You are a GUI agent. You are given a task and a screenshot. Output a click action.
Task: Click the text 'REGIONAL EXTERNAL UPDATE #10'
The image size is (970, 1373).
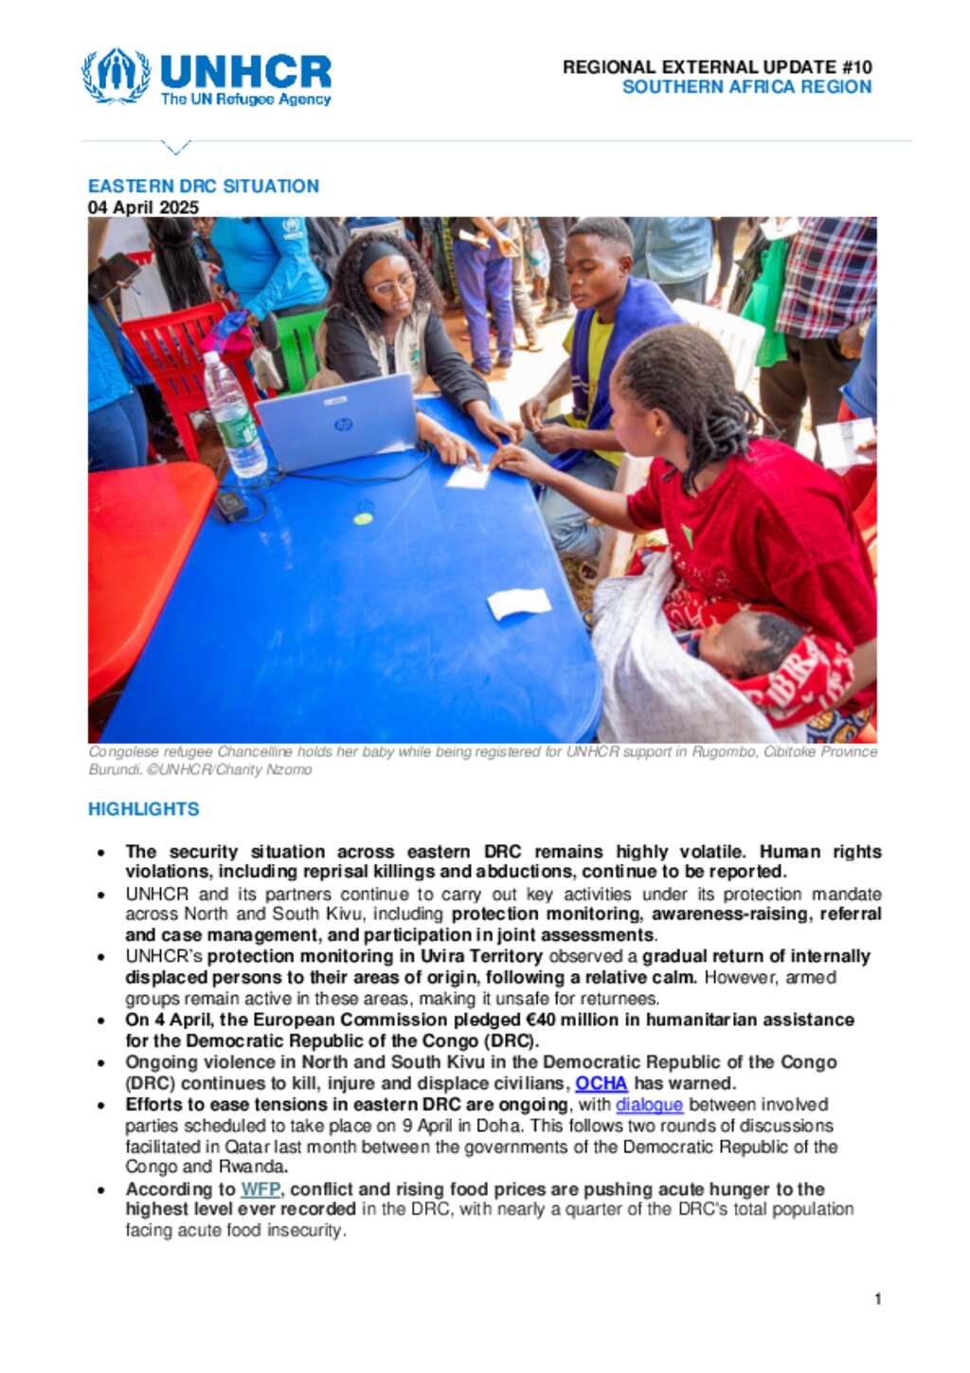coord(716,67)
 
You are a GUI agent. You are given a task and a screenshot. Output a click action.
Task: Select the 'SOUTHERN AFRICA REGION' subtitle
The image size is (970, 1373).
coord(746,87)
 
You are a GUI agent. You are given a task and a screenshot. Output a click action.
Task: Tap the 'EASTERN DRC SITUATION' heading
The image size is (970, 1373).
coord(204,187)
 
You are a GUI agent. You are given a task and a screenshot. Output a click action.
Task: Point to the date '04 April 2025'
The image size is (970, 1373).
coord(143,208)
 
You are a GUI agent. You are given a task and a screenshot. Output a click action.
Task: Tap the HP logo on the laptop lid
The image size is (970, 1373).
coord(343,425)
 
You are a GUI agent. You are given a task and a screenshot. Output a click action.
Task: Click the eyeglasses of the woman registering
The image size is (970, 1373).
coord(392,283)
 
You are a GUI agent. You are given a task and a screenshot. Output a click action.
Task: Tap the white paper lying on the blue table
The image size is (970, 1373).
coord(518,604)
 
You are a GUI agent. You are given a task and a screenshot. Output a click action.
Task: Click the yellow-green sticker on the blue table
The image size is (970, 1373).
coord(363,518)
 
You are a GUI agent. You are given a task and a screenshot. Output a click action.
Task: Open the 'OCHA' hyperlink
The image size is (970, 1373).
coord(601,1083)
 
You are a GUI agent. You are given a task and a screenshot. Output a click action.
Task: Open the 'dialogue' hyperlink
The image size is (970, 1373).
coord(649,1105)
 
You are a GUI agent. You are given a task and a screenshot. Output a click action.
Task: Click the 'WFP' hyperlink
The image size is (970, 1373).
coord(260,1189)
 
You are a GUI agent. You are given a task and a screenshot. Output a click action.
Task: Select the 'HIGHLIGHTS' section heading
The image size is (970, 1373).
coord(144,809)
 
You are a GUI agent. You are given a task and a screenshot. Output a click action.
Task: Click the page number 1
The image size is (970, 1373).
coord(878,1299)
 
